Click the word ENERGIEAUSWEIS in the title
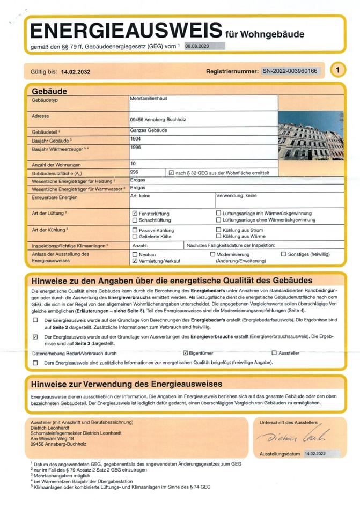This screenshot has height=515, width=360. pos(126,31)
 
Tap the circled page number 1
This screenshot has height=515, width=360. pos(337,70)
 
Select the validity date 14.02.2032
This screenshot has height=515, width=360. pos(76,71)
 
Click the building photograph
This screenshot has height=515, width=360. pos(310,136)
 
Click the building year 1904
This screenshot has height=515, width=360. pos(135,138)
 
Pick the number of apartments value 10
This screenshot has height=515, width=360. pos(133,163)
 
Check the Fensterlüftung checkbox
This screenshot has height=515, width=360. pos(135,213)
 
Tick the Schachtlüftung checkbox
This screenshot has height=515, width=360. pos(135,220)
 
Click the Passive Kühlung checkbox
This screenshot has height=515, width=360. pos(135,230)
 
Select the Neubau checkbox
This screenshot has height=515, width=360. pos(135,254)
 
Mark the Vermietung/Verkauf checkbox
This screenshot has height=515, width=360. pos(135,261)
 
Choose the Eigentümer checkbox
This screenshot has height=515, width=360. pos(186,353)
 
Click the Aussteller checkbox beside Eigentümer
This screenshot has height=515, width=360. pos(274,353)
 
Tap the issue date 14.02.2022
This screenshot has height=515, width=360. pos(315,454)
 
